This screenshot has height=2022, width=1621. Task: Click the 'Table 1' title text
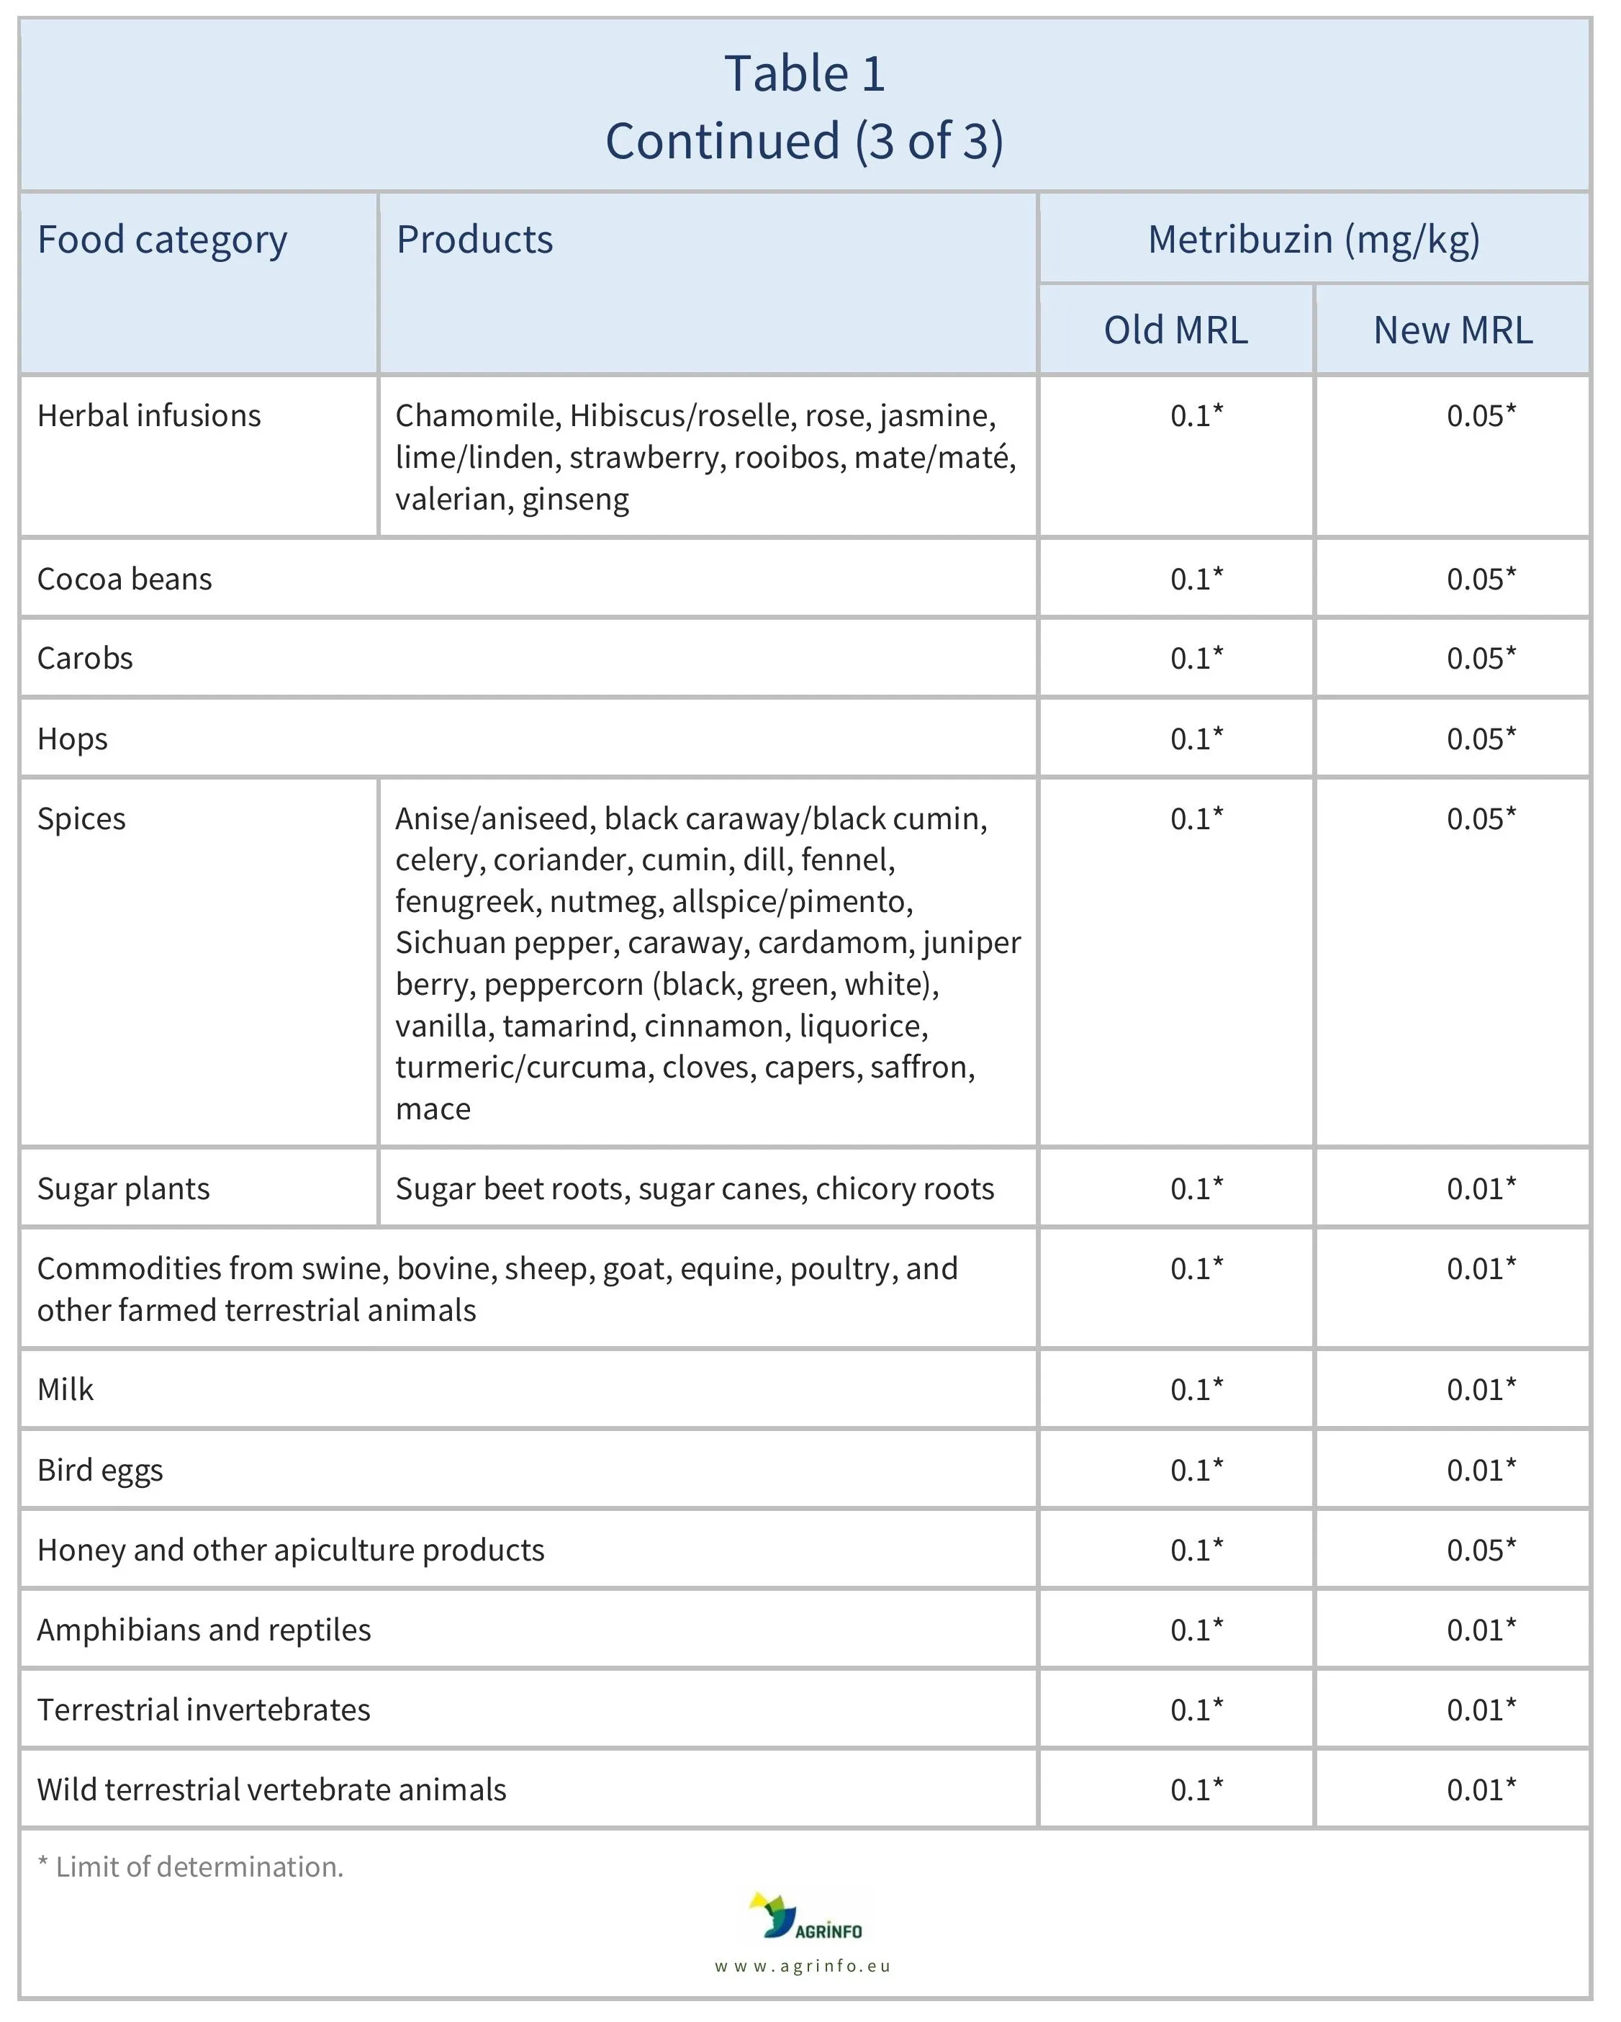(x=804, y=73)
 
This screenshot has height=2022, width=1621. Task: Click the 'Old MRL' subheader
(x=1175, y=330)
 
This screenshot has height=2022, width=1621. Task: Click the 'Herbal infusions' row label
(x=149, y=415)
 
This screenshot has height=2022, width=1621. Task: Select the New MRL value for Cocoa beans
(x=1481, y=579)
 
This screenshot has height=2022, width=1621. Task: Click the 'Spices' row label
(x=81, y=818)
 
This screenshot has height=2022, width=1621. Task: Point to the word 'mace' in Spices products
(x=433, y=1109)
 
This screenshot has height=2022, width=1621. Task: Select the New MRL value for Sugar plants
(x=1481, y=1188)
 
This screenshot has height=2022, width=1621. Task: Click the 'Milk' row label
(x=66, y=1389)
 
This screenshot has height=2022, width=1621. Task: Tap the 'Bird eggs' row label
(x=100, y=1470)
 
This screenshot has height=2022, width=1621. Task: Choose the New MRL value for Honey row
(x=1481, y=1549)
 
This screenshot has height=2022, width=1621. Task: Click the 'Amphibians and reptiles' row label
(x=204, y=1630)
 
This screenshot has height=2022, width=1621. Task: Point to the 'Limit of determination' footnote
(x=191, y=1867)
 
